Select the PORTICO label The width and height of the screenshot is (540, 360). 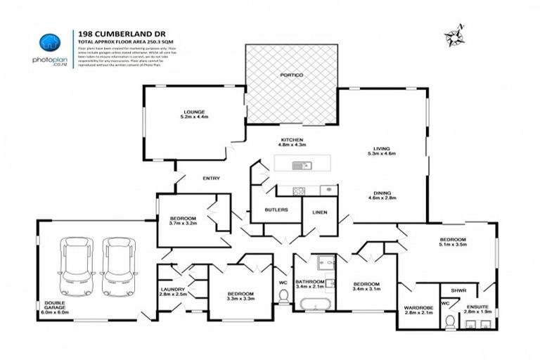pos(291,75)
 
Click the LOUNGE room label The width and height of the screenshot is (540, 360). pos(194,112)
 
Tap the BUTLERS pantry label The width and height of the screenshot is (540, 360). pos(275,210)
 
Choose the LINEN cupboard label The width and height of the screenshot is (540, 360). pos(319,210)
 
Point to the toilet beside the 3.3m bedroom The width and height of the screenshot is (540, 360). pos(283,296)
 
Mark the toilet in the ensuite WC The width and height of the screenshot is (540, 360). pos(450,321)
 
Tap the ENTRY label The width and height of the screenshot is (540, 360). pos(211,178)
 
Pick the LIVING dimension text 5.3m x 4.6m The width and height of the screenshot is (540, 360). pos(382,153)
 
